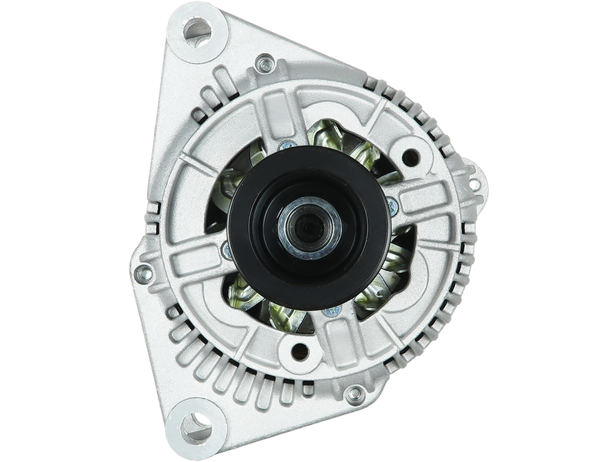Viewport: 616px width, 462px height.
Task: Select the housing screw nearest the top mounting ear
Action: (x=266, y=63)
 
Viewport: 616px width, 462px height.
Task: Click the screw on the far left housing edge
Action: (x=142, y=272)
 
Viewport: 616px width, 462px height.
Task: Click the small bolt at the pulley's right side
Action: (x=393, y=204)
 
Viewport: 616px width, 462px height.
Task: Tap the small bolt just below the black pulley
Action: (x=333, y=311)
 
